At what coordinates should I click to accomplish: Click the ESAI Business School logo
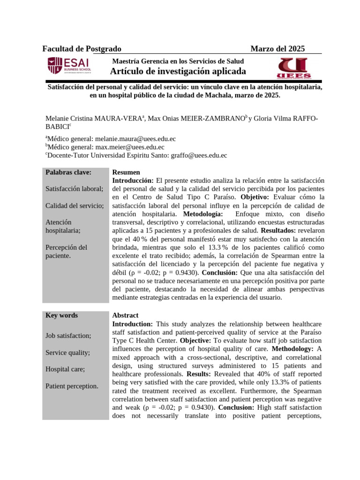pos(69,66)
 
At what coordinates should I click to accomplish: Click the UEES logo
pos(293,68)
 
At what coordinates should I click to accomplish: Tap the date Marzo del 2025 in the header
pos(277,49)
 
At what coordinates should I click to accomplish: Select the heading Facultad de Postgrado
pos(82,49)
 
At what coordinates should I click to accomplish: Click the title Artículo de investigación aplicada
pos(178,71)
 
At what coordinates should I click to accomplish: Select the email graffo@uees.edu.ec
pos(199,155)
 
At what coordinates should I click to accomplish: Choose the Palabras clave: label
pos(68,172)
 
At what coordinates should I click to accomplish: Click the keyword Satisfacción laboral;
pos(74,188)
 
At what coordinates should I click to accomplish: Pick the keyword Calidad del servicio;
pos(74,205)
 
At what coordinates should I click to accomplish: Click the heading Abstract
pos(125,315)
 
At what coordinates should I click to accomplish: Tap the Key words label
pos(61,315)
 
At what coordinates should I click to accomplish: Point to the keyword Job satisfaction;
pos(68,336)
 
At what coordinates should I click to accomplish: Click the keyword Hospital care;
pos(65,369)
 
